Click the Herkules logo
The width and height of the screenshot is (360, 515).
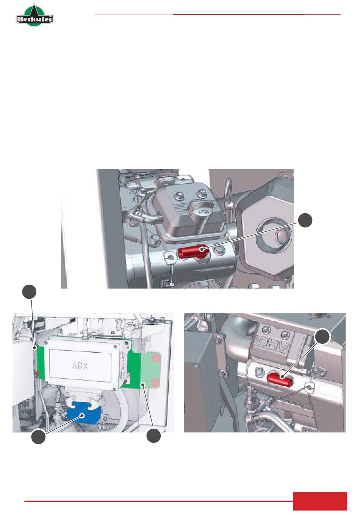point(34,15)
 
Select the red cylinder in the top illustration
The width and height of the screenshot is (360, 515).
point(193,251)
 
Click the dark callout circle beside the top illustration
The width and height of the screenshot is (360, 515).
point(305,220)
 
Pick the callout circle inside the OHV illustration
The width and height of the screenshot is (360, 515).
point(322,337)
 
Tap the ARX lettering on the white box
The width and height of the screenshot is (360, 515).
point(80,366)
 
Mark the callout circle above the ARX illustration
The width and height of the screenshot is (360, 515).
point(29,292)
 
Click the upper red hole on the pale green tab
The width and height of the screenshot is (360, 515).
point(156,358)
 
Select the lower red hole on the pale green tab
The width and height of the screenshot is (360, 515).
point(155,382)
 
